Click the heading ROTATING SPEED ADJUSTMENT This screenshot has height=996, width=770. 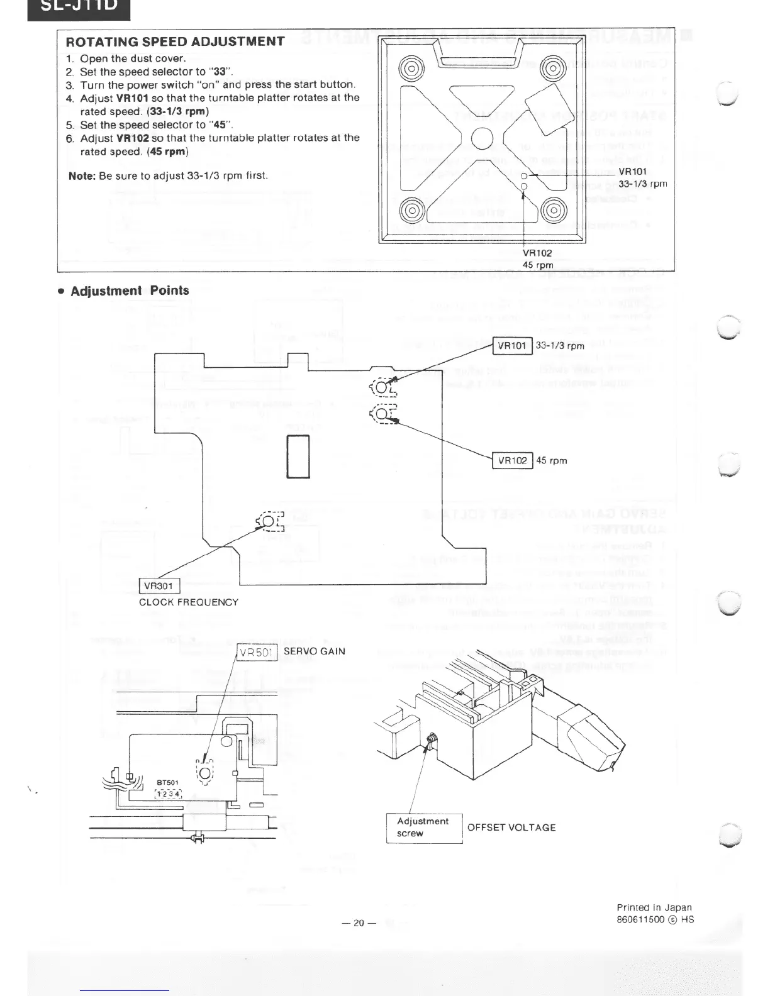175,41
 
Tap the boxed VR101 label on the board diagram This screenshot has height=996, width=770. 512,345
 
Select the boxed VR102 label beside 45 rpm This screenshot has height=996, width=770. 512,460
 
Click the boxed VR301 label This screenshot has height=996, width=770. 158,586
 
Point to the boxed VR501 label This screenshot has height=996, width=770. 257,652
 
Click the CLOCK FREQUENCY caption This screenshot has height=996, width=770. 189,602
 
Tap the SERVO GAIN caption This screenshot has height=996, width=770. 315,651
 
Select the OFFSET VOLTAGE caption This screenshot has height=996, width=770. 511,827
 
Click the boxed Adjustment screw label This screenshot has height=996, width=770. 423,827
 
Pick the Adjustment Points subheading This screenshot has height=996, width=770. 130,290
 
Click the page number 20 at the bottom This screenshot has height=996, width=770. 359,923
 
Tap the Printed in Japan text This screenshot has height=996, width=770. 654,907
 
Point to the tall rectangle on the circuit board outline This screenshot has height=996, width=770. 299,456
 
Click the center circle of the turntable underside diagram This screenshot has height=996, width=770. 481,138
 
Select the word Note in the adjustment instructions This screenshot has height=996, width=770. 81,175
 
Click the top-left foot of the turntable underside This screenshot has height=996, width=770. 410,68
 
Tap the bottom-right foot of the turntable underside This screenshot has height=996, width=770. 554,209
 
